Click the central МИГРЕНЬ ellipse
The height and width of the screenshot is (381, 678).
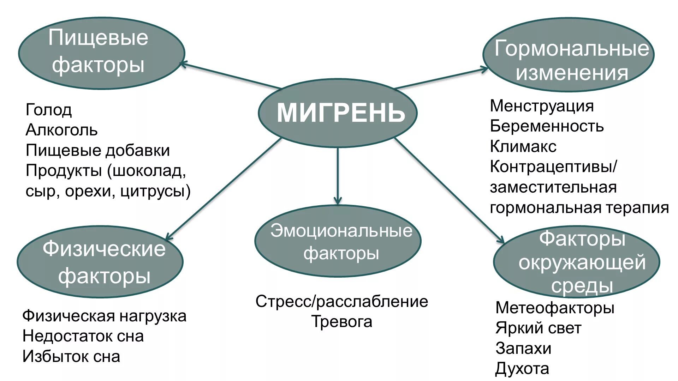[x=338, y=113]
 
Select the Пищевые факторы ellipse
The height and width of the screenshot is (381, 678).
[x=101, y=53]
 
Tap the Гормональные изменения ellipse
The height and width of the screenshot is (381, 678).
[x=569, y=55]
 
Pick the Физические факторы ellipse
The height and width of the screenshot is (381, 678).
[x=100, y=262]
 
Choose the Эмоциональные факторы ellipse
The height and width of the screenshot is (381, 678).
[x=338, y=241]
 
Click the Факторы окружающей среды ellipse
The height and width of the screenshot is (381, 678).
[x=576, y=262]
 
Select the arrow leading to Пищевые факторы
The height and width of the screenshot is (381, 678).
[x=230, y=75]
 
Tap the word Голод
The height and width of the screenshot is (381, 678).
[x=49, y=110]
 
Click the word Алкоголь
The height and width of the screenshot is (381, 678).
[x=61, y=130]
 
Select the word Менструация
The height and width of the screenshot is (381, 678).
[x=542, y=106]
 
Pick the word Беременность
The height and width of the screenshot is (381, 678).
[x=547, y=126]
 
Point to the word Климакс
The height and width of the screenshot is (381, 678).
[x=523, y=146]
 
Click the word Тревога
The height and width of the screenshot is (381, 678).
[x=341, y=322]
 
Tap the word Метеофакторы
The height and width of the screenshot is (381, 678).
[x=555, y=308]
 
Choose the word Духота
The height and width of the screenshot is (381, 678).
[x=522, y=369]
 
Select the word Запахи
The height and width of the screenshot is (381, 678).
[x=523, y=349]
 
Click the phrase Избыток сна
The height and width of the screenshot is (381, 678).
[x=71, y=356]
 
